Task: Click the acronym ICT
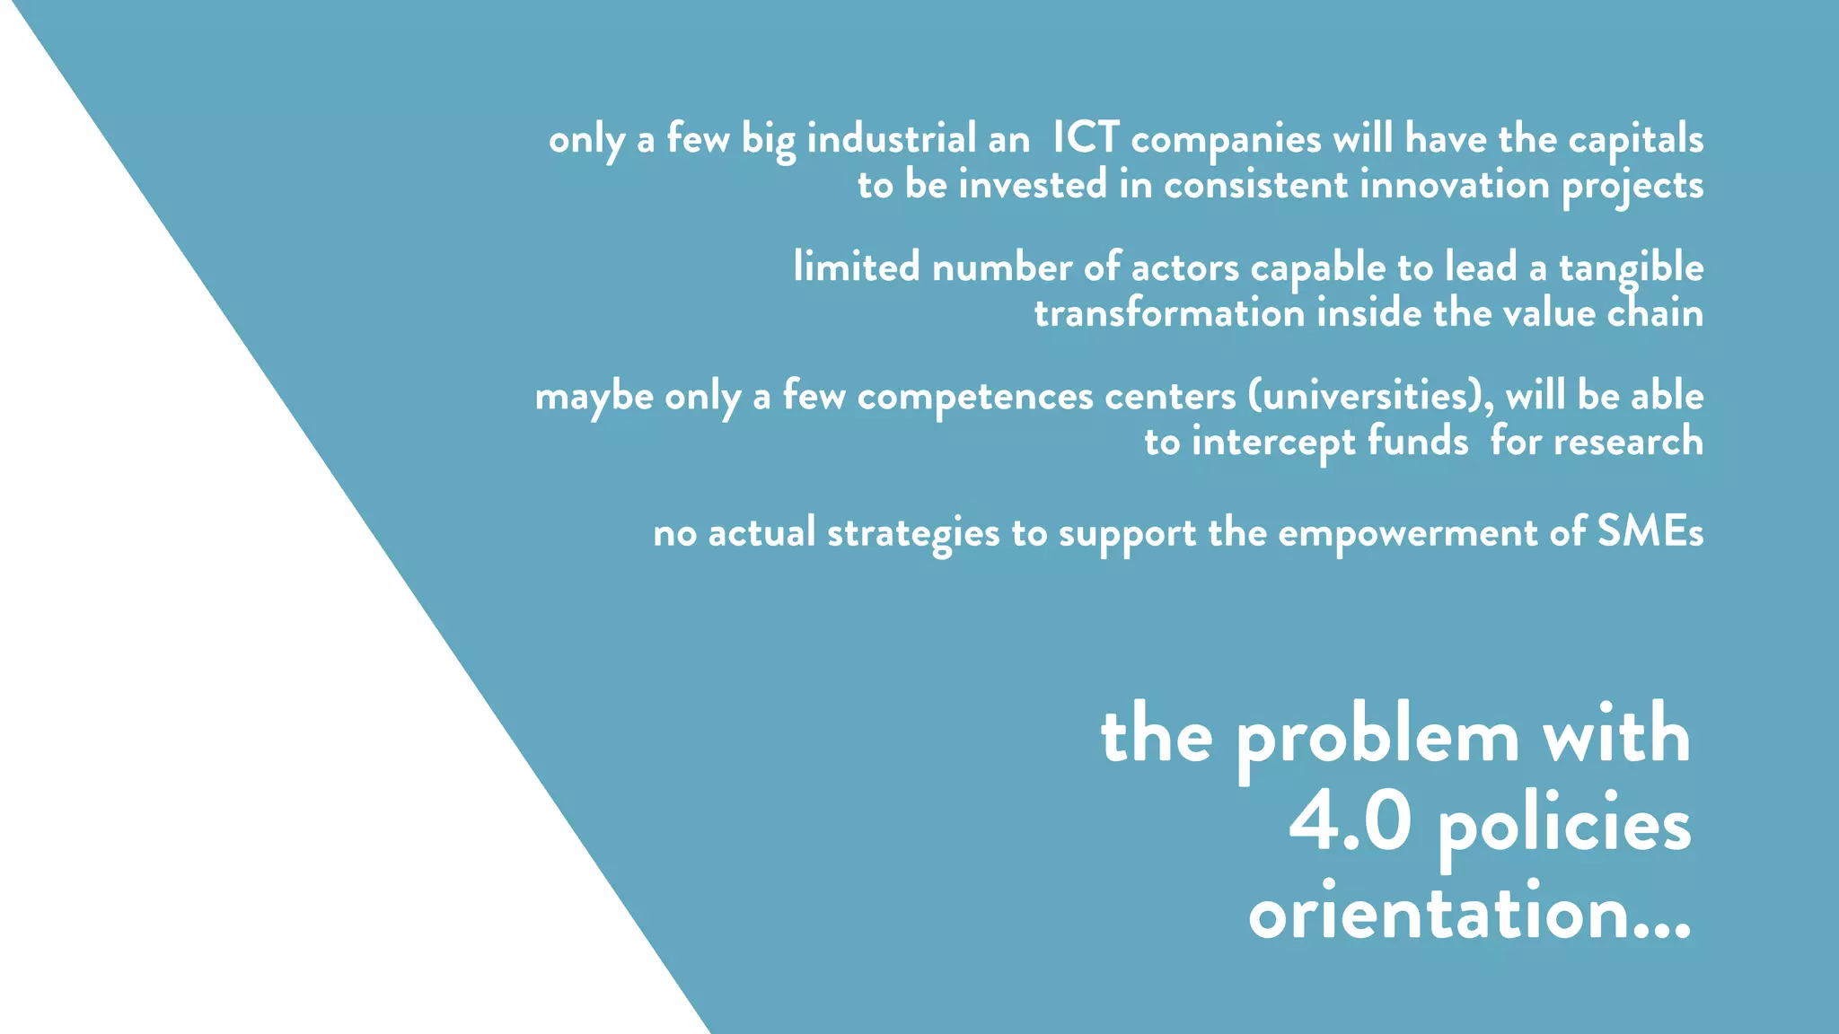(1086, 138)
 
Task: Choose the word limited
(857, 267)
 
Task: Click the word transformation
(1169, 313)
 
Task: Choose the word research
(1628, 442)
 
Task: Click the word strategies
(913, 534)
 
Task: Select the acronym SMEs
(1650, 532)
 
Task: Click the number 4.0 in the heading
(1350, 823)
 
